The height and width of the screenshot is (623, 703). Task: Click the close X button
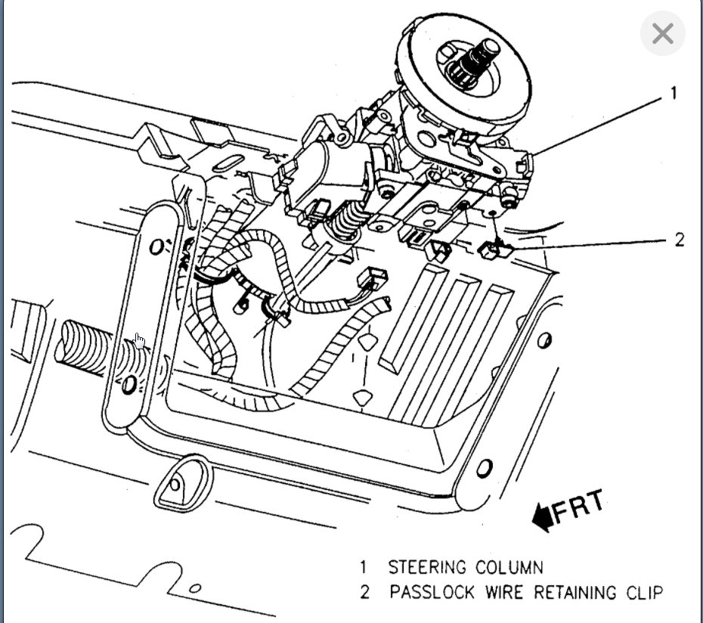[x=663, y=34]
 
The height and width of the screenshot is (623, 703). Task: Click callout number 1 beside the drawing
[x=673, y=93]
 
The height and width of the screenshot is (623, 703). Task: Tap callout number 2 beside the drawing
[x=680, y=240]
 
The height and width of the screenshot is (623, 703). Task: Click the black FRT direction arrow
[x=541, y=517]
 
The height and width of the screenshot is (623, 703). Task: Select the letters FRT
[x=578, y=507]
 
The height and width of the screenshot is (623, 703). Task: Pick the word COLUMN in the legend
[x=509, y=567]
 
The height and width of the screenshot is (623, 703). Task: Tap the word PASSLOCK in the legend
[x=432, y=592]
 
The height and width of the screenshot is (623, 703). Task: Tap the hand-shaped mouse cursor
[x=139, y=341]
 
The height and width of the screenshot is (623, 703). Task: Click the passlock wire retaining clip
[x=495, y=250]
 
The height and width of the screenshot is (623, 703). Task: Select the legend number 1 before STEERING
[x=363, y=567]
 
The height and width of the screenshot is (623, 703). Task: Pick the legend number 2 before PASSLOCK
[x=364, y=592]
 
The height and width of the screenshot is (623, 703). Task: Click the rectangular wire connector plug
[x=373, y=279]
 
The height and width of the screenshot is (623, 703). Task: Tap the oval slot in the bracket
[x=228, y=163]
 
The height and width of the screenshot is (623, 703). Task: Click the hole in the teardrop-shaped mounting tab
[x=175, y=485]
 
